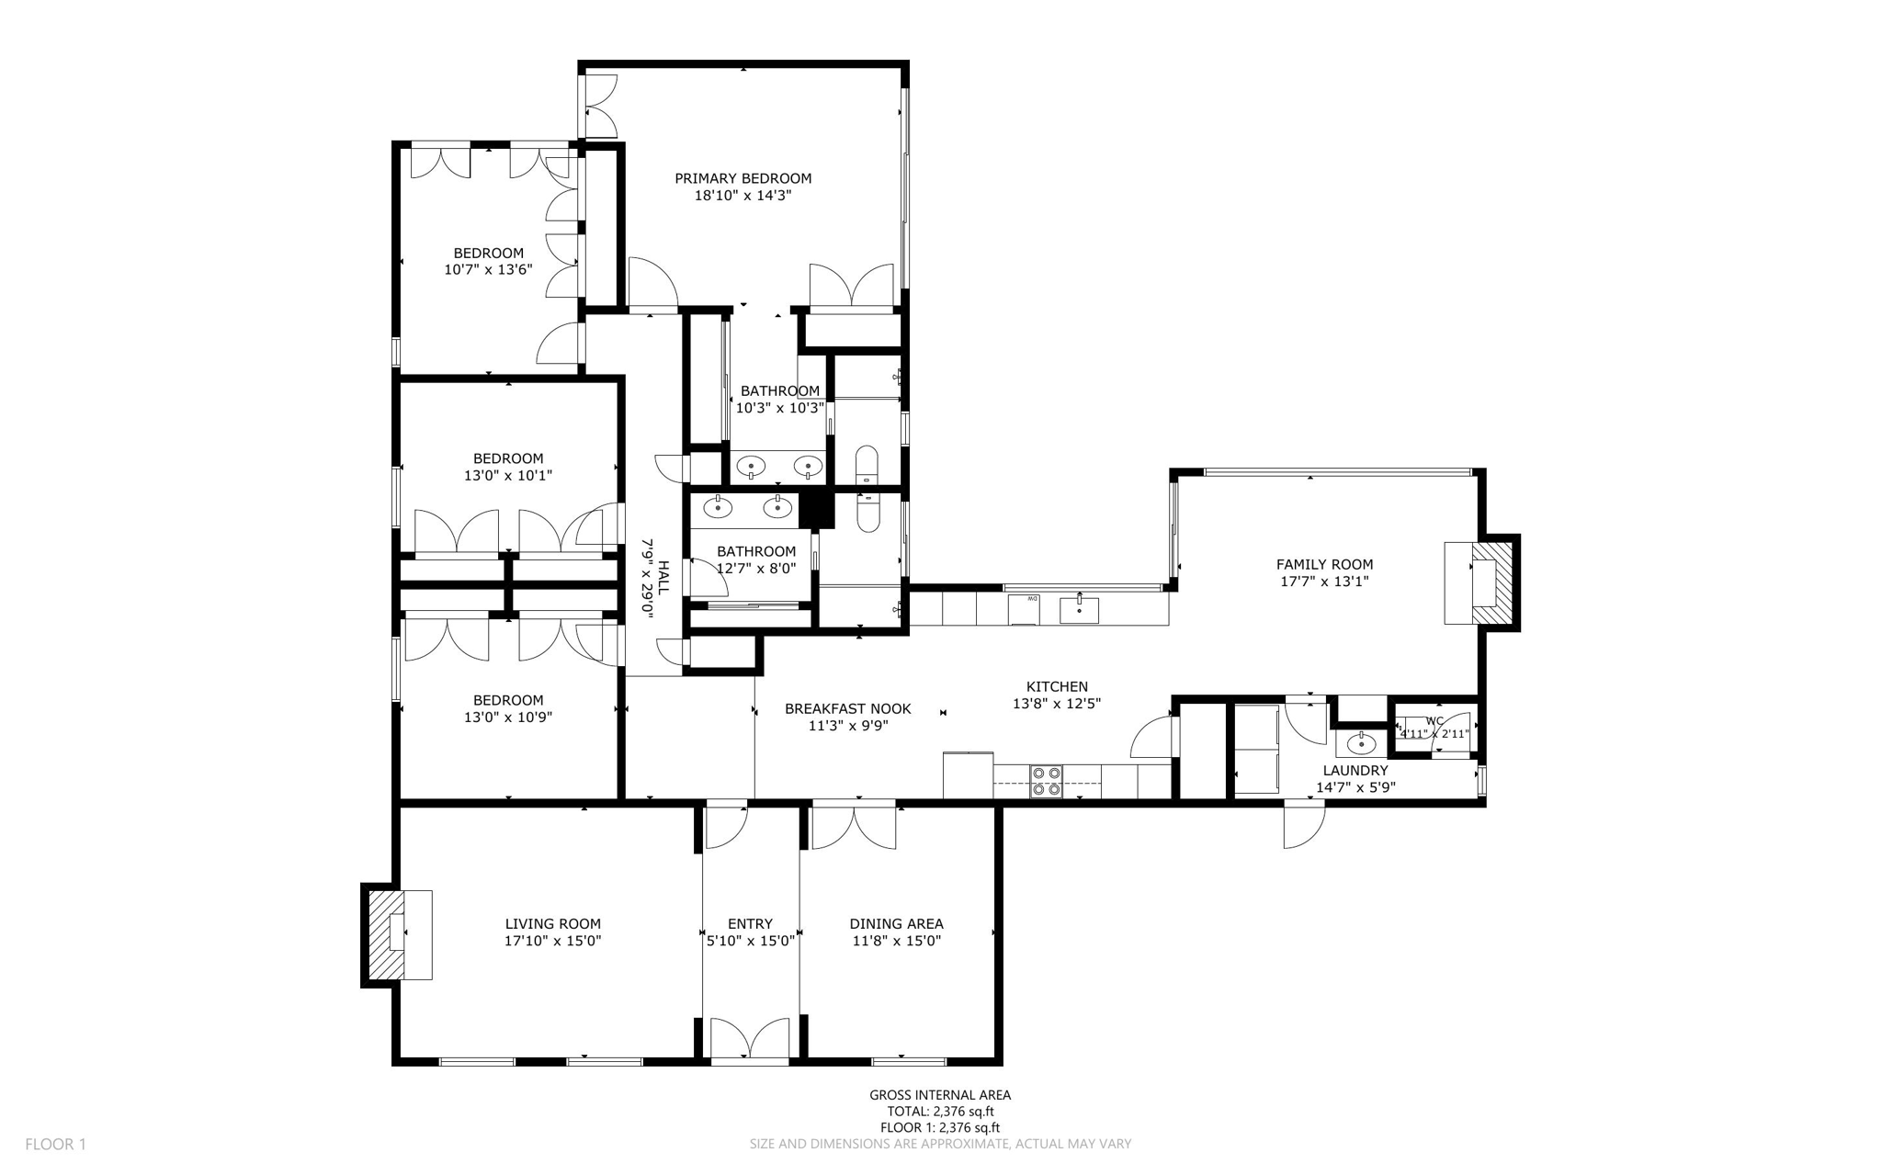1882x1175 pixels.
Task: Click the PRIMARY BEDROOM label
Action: (x=743, y=178)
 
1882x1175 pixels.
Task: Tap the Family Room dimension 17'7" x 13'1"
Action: (x=1324, y=582)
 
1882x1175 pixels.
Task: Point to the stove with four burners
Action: (x=1046, y=781)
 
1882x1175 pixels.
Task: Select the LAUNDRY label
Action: (x=1355, y=771)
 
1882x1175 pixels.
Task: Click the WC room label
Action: (x=1434, y=721)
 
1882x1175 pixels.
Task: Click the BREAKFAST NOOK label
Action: (x=847, y=708)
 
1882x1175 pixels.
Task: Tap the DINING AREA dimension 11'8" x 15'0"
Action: (x=896, y=941)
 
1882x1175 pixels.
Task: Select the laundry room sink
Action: (x=1361, y=742)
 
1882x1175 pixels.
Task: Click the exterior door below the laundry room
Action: (x=1304, y=824)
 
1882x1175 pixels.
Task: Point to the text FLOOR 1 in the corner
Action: (x=55, y=1144)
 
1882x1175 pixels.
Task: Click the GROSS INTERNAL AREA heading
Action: (x=940, y=1094)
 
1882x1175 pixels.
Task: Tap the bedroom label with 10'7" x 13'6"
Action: (x=488, y=254)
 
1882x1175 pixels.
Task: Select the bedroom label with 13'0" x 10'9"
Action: (x=508, y=700)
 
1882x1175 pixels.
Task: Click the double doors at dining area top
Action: (x=854, y=826)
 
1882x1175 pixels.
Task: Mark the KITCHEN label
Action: (x=1057, y=686)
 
